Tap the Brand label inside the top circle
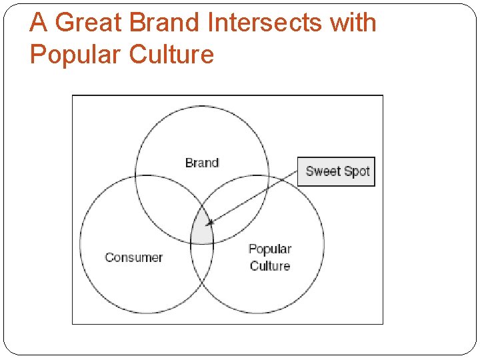coord(202,163)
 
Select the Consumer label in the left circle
coord(133,257)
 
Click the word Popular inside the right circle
coord(270,249)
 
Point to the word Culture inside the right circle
coord(270,266)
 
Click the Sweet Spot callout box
coord(336,171)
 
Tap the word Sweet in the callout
coord(322,171)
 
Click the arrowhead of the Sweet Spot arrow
coord(209,223)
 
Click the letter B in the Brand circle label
coord(189,163)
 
